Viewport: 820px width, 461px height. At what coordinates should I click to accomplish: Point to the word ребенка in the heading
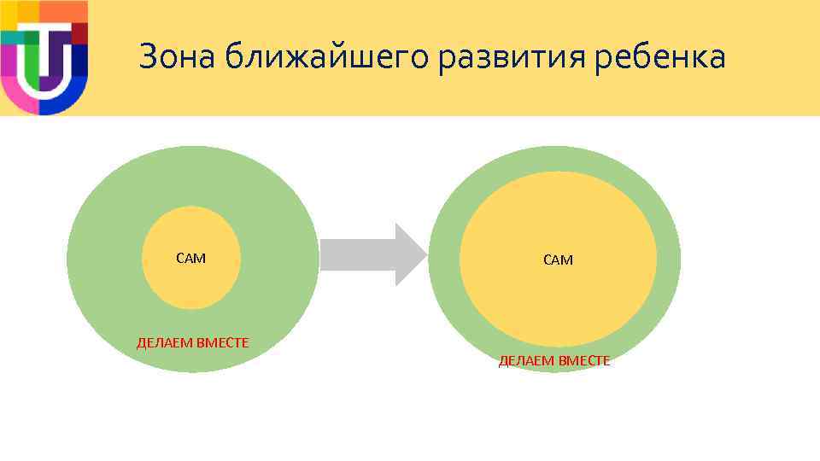[668, 57]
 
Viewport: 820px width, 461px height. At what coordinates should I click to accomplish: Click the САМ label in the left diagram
[190, 258]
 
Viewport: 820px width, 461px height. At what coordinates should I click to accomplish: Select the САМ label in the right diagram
[558, 260]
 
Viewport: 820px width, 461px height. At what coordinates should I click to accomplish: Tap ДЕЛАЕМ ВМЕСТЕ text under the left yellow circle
[193, 343]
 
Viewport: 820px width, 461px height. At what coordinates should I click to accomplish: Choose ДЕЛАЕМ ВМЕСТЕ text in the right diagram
[554, 361]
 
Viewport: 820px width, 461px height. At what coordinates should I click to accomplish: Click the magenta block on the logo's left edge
[6, 60]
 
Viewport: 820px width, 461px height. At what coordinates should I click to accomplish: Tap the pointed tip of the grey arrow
[424, 254]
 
